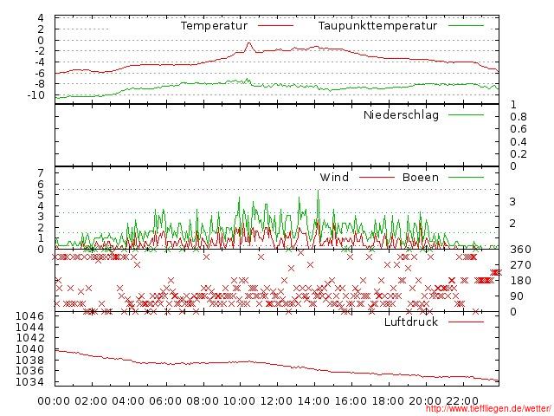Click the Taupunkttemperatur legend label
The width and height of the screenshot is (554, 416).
click(x=377, y=26)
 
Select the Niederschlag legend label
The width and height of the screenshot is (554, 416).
click(x=401, y=115)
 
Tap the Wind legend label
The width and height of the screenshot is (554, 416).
click(x=334, y=178)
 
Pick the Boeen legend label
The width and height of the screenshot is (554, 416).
click(x=421, y=178)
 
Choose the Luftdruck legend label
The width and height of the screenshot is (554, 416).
click(x=411, y=322)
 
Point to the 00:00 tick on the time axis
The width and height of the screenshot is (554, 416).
click(x=55, y=400)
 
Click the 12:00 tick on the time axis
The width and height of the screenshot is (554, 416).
click(x=277, y=400)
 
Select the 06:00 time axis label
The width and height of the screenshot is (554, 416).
click(x=165, y=400)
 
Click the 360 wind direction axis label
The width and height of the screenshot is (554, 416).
click(x=520, y=250)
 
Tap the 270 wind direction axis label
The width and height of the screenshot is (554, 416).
click(x=520, y=265)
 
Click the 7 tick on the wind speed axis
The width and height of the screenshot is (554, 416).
click(x=40, y=173)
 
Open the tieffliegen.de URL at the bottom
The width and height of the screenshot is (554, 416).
click(x=488, y=409)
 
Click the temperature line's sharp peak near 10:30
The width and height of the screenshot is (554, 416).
click(x=249, y=42)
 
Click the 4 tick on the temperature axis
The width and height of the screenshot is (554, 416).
click(x=40, y=18)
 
